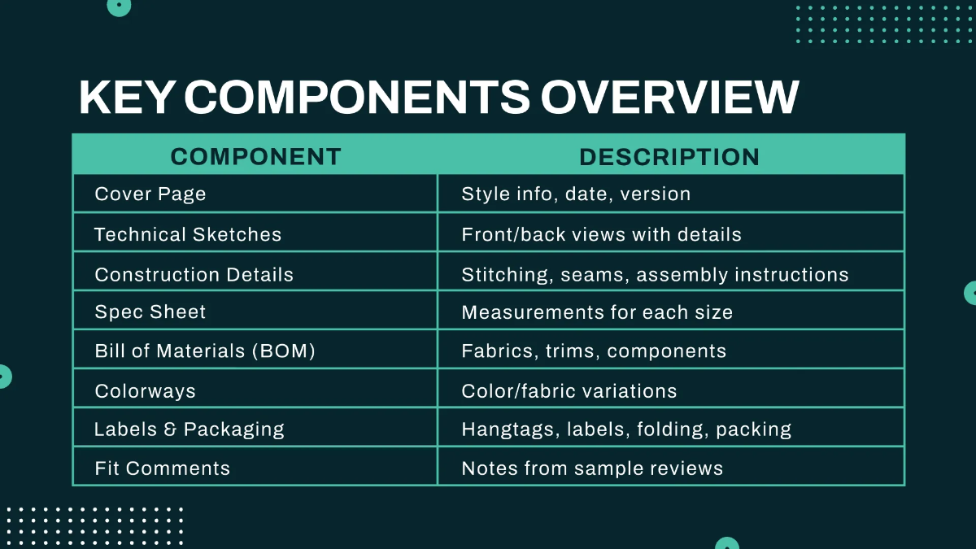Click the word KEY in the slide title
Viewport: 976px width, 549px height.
tap(127, 98)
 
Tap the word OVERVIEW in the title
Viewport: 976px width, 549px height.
tap(669, 98)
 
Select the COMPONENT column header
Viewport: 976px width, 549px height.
tap(255, 156)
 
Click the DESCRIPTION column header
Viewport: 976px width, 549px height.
tap(669, 156)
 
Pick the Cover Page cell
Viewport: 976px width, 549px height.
tap(150, 194)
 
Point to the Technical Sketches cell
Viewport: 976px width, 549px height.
tap(188, 235)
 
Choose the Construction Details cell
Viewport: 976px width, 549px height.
tap(194, 275)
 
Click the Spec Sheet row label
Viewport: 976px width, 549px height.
tap(150, 312)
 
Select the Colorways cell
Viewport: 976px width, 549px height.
tap(146, 391)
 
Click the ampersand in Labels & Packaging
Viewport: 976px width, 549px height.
tap(170, 429)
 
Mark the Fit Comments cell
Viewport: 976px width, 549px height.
tap(163, 468)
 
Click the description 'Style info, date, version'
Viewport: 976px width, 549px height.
tap(576, 194)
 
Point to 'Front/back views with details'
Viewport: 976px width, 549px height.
tap(601, 235)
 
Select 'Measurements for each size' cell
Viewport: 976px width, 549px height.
tap(597, 312)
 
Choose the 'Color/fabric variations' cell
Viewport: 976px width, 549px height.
tap(569, 391)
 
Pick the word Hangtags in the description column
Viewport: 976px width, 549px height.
tap(507, 429)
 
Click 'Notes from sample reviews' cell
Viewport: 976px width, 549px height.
tap(592, 468)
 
